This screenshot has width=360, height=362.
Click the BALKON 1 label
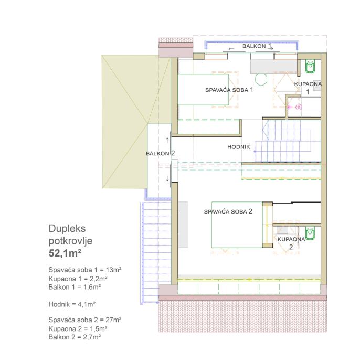coord(257,46)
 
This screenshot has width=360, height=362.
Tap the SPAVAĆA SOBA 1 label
coord(229,90)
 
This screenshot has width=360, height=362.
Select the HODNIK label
coord(239,147)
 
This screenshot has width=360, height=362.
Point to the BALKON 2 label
coord(160,153)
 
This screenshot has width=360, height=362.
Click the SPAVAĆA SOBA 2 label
coord(228,211)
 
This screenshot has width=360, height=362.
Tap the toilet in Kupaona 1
coord(310,67)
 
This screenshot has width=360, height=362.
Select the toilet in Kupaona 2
coord(310,233)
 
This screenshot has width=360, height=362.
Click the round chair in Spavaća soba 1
coord(261,79)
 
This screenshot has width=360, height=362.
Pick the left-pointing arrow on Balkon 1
coord(231,49)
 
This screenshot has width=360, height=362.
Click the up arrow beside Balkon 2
coord(167,140)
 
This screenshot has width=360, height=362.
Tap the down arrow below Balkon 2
coord(167,178)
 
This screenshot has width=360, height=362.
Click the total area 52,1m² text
coord(65,253)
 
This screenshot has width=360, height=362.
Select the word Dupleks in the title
coord(67,229)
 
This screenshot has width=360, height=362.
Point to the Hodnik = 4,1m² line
coord(72,304)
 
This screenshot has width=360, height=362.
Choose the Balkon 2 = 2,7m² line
coord(75,337)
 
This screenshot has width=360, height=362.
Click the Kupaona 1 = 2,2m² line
coord(78,279)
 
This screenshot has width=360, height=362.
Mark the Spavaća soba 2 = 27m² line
coord(85,320)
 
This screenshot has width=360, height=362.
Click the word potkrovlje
coord(70,241)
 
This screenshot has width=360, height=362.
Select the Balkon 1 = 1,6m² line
coord(75,287)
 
